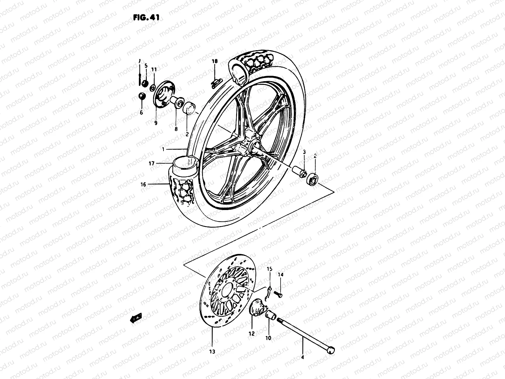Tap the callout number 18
[215, 62]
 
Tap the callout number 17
[151, 164]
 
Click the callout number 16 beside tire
[143, 184]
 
